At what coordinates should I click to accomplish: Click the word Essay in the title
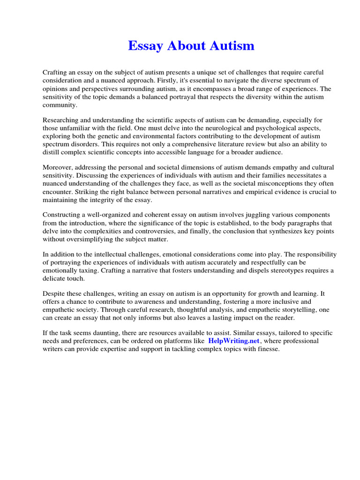point(145,46)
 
